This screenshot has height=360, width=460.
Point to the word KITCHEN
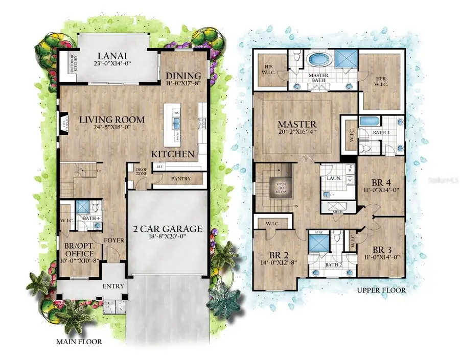coord(173,153)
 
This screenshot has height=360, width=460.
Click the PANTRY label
coord(181,179)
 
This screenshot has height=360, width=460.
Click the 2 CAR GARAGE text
coord(167,229)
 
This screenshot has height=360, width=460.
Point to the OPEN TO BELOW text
coord(282,186)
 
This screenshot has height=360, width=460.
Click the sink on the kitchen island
coord(177,123)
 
